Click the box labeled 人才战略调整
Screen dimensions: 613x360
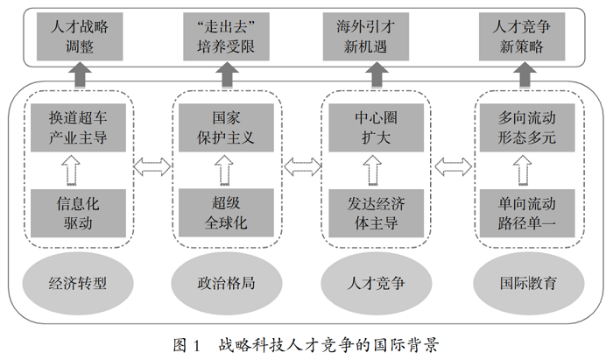pyautogui.click(x=80, y=37)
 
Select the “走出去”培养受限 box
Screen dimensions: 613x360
pyautogui.click(x=226, y=37)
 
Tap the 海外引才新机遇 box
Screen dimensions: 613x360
pyautogui.click(x=366, y=37)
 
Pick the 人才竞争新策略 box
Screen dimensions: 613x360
pyautogui.click(x=522, y=37)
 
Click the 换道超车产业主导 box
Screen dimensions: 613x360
pyautogui.click(x=78, y=127)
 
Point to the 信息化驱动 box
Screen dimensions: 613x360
pyautogui.click(x=78, y=213)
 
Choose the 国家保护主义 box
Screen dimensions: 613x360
pyautogui.click(x=226, y=127)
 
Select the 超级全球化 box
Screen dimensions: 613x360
pyautogui.click(x=226, y=213)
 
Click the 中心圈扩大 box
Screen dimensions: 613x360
pyautogui.click(x=376, y=127)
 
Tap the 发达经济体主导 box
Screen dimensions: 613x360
pyautogui.click(x=376, y=213)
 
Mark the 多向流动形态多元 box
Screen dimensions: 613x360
pyautogui.click(x=527, y=127)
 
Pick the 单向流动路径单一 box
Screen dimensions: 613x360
pyautogui.click(x=527, y=213)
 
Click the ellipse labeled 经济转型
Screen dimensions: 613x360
pyautogui.click(x=78, y=283)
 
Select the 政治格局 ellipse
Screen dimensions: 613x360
pyautogui.click(x=226, y=283)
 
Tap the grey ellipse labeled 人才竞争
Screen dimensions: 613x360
pyautogui.click(x=376, y=283)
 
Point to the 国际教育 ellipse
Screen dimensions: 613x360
pyautogui.click(x=529, y=283)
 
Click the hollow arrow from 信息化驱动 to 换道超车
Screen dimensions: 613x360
pyautogui.click(x=71, y=171)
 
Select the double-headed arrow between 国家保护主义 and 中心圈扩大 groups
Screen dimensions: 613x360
pyautogui.click(x=302, y=167)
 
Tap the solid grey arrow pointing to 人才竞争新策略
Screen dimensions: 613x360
pyautogui.click(x=525, y=74)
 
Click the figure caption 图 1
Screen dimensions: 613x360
pyautogui.click(x=187, y=345)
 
